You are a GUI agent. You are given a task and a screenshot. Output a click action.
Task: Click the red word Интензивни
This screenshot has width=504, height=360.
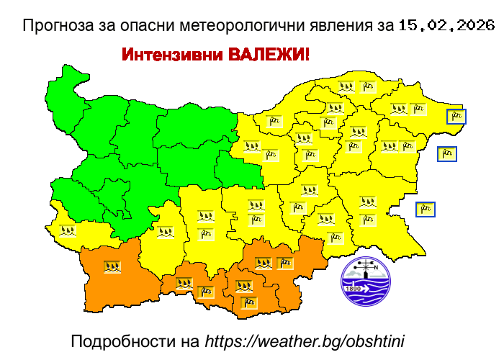(x=172, y=55)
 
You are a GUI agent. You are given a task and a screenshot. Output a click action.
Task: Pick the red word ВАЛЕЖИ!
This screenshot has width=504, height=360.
(x=269, y=55)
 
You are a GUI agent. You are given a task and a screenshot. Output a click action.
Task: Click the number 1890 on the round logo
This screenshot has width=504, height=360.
(x=354, y=289)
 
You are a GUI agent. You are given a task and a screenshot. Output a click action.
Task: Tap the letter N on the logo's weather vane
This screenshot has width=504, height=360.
(x=375, y=266)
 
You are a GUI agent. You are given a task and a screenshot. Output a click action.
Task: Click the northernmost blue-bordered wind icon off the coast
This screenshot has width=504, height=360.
(x=456, y=117)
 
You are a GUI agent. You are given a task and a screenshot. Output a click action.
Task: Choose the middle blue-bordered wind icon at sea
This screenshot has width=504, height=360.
(x=447, y=153)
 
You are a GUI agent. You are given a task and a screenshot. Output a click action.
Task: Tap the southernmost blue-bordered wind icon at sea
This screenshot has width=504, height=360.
(x=426, y=210)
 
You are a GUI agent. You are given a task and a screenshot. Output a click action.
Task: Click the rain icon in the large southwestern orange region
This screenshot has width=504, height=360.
(x=112, y=266)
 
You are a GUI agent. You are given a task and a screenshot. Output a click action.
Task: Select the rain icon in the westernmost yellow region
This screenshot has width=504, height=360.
(x=67, y=231)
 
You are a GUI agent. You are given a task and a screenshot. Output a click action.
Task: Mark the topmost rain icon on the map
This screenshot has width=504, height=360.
(x=347, y=86)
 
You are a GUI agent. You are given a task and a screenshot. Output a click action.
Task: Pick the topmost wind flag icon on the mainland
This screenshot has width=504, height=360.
(x=368, y=86)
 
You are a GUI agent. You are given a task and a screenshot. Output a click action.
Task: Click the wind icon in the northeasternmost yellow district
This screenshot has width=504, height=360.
(x=418, y=109)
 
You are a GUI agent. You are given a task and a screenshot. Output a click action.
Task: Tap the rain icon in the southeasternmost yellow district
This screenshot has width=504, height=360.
(x=368, y=202)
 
